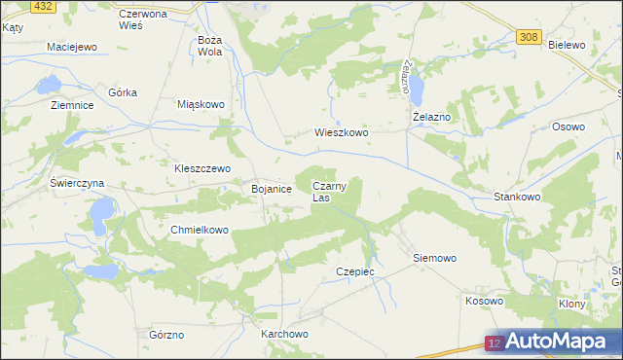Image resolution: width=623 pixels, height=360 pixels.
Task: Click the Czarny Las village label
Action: point(328,191)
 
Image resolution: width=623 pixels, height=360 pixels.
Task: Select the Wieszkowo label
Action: point(341,132)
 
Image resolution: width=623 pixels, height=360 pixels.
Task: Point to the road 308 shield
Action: point(528,37)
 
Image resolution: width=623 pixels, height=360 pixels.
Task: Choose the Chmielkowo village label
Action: point(199,231)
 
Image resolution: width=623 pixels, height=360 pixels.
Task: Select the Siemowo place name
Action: point(434,259)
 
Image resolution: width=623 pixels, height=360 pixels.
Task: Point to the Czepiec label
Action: point(354,271)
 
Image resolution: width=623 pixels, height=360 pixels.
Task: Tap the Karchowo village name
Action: point(284,334)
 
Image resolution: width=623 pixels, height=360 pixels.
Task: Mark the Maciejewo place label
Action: point(73,47)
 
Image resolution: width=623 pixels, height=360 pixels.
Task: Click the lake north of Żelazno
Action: point(417,90)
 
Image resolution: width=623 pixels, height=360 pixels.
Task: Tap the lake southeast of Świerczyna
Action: point(100,210)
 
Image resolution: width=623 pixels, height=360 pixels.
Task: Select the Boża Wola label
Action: point(210,46)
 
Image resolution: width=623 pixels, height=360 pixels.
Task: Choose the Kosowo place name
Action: point(484,301)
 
